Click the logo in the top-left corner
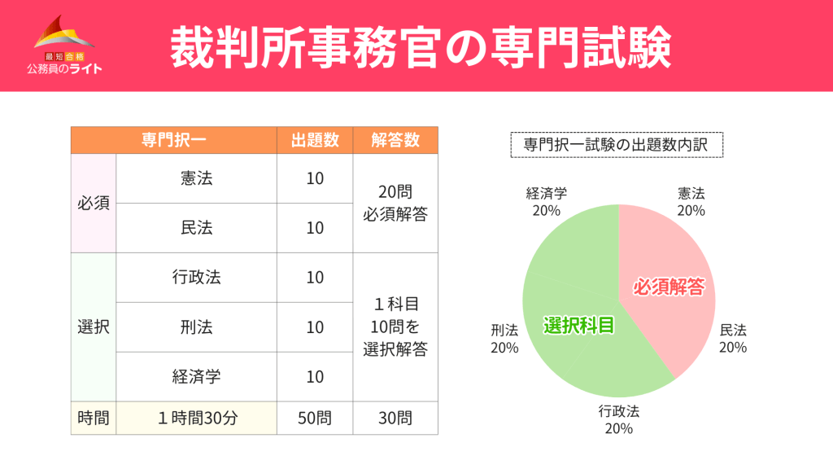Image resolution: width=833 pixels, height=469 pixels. pos(63,45)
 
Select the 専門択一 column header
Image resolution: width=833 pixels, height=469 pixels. pos(173,140)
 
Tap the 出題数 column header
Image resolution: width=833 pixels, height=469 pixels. pos(315,140)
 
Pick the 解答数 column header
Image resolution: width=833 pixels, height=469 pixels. pos(395,140)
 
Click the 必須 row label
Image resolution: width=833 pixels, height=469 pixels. pos(94,203)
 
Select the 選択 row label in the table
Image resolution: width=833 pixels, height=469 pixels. pos(94,327)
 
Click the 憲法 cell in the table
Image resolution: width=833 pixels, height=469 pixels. pos(197,178)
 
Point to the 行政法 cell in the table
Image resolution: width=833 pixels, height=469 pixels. pos(197,278)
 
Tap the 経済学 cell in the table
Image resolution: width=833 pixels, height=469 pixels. pos(197,377)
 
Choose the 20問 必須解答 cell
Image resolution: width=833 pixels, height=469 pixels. pos(395,203)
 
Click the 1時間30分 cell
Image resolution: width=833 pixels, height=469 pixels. pos(197,419)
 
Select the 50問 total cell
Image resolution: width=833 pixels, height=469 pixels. pos(315,419)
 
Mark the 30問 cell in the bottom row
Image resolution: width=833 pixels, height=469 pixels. pos(395,419)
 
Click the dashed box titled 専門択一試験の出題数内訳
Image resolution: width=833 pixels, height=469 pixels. pos(617,145)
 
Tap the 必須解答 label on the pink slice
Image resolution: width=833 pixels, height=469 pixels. pos(668,287)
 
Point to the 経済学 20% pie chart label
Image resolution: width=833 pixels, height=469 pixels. pos(547,202)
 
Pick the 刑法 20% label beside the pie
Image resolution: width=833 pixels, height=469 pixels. pos(504,339)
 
